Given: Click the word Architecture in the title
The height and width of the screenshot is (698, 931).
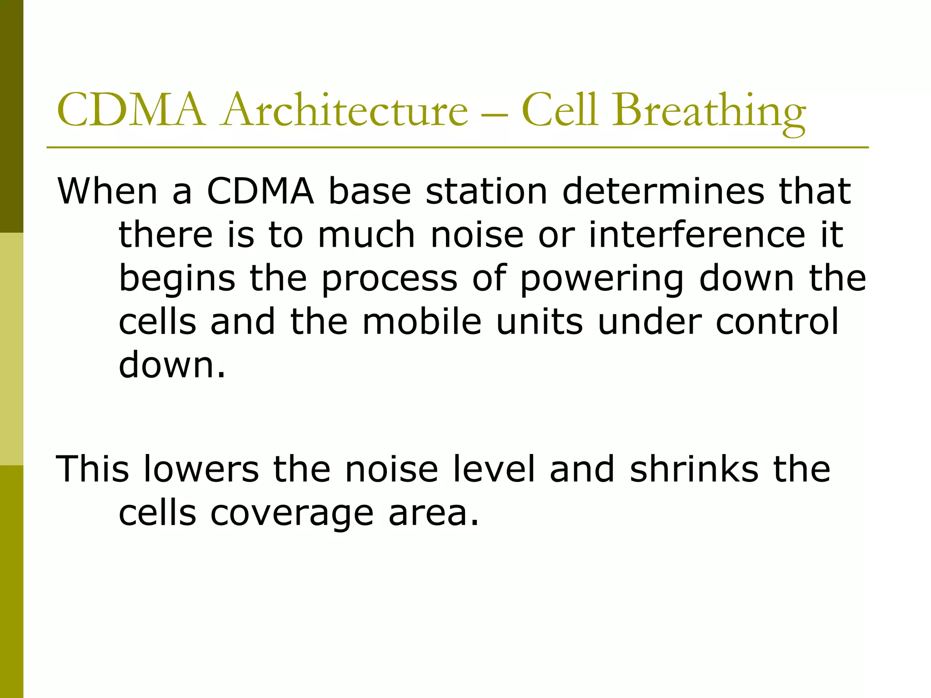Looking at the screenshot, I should tap(345, 110).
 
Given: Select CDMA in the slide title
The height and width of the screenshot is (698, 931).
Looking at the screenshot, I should tap(131, 110).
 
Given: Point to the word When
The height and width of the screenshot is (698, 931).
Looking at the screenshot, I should tap(108, 191).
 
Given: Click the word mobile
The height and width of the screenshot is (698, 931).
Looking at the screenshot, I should tap(421, 322).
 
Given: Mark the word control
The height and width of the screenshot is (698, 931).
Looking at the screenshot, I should tap(776, 322).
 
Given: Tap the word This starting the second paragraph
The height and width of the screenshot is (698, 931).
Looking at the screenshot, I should tap(92, 469).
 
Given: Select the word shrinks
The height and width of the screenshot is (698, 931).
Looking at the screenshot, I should tap(694, 469).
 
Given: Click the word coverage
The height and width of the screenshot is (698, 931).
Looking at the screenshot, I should tap(291, 514).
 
